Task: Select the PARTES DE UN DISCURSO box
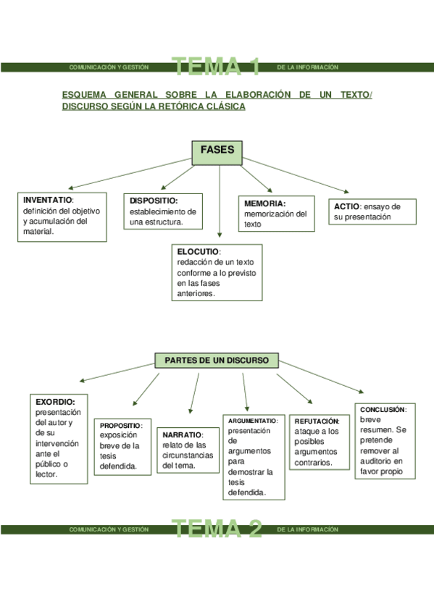[217, 360]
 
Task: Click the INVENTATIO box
[62, 216]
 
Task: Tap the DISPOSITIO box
[164, 211]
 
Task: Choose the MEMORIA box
[276, 214]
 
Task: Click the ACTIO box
[372, 211]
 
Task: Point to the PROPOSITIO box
[123, 446]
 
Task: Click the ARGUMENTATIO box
[254, 456]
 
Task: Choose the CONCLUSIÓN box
[384, 440]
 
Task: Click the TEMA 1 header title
[217, 67]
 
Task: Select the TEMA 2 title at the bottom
[217, 529]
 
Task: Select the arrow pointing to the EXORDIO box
[120, 372]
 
